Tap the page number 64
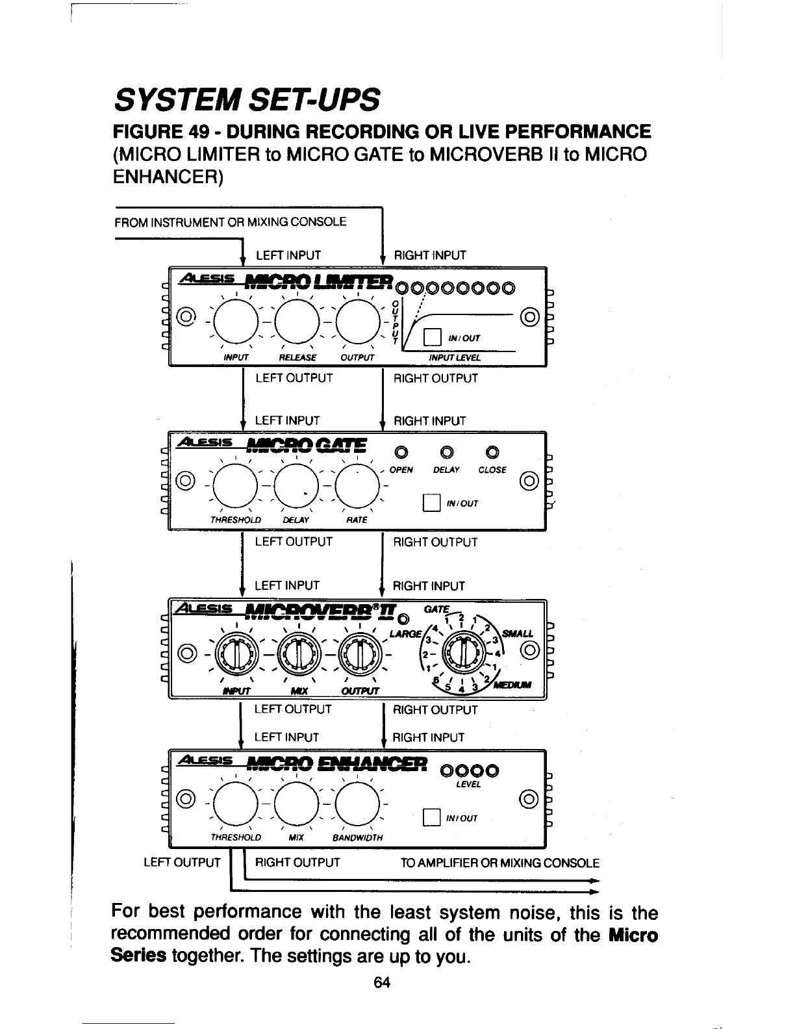tap(381, 982)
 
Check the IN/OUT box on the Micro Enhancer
tap(429, 817)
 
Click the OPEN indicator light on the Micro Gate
tap(401, 451)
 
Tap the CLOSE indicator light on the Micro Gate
tap(492, 451)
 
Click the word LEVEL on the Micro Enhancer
tap(469, 785)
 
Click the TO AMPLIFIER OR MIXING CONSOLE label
tap(499, 863)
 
